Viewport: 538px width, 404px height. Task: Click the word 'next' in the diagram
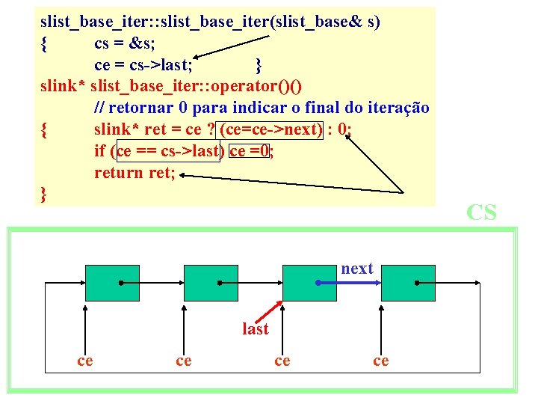click(356, 269)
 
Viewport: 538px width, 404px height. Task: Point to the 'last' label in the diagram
click(255, 328)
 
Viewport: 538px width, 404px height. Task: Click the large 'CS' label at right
click(480, 212)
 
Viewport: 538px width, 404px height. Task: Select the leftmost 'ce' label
click(85, 361)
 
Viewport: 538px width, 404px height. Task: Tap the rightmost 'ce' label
click(380, 361)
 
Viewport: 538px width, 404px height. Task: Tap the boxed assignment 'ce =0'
click(250, 151)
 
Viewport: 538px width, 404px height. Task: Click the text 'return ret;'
click(134, 173)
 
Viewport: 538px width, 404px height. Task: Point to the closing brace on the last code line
click(44, 195)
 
